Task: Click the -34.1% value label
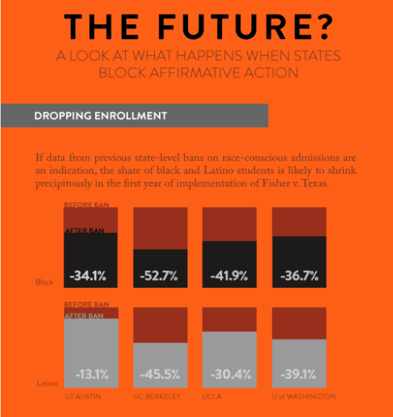[88, 276]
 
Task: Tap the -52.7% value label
[160, 276]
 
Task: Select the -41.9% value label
[229, 276]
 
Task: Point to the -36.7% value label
[299, 276]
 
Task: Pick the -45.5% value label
[160, 374]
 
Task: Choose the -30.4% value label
[229, 374]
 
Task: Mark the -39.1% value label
[299, 374]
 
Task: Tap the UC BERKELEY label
[157, 397]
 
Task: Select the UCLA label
[212, 397]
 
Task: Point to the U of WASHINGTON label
[304, 397]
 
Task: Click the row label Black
[45, 282]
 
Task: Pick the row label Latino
[46, 384]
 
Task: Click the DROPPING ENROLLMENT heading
[101, 115]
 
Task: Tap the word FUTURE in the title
[239, 26]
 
